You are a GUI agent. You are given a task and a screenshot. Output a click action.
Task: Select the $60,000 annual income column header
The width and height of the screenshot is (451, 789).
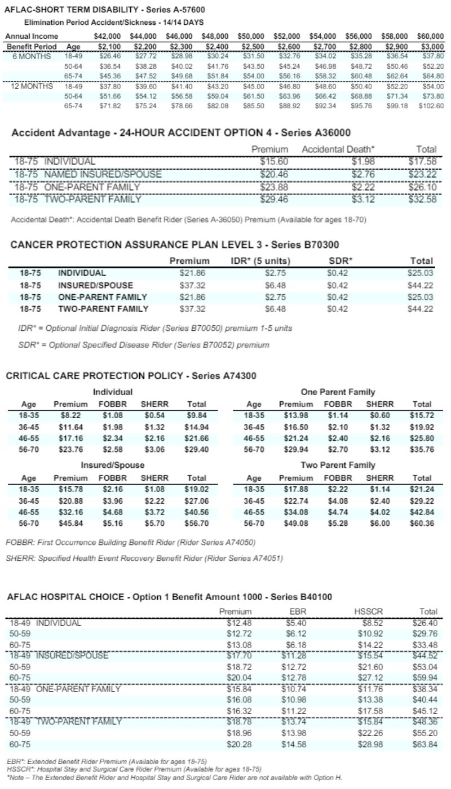tap(430, 36)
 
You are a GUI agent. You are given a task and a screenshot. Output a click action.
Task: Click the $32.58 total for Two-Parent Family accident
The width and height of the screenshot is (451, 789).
tap(423, 200)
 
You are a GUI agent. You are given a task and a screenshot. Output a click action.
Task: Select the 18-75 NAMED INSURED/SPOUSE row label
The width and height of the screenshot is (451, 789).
tap(88, 174)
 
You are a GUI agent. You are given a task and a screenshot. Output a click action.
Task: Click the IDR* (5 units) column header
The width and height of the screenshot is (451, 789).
tap(260, 261)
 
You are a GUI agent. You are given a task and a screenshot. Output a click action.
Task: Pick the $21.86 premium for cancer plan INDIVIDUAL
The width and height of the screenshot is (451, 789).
tap(189, 273)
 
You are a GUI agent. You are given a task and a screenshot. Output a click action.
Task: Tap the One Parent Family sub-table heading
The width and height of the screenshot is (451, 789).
tap(338, 392)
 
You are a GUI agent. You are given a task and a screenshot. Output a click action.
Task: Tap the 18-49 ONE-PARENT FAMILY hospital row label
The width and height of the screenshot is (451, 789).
tap(65, 689)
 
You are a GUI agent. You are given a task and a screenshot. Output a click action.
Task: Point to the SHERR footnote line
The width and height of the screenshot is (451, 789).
tap(144, 558)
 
